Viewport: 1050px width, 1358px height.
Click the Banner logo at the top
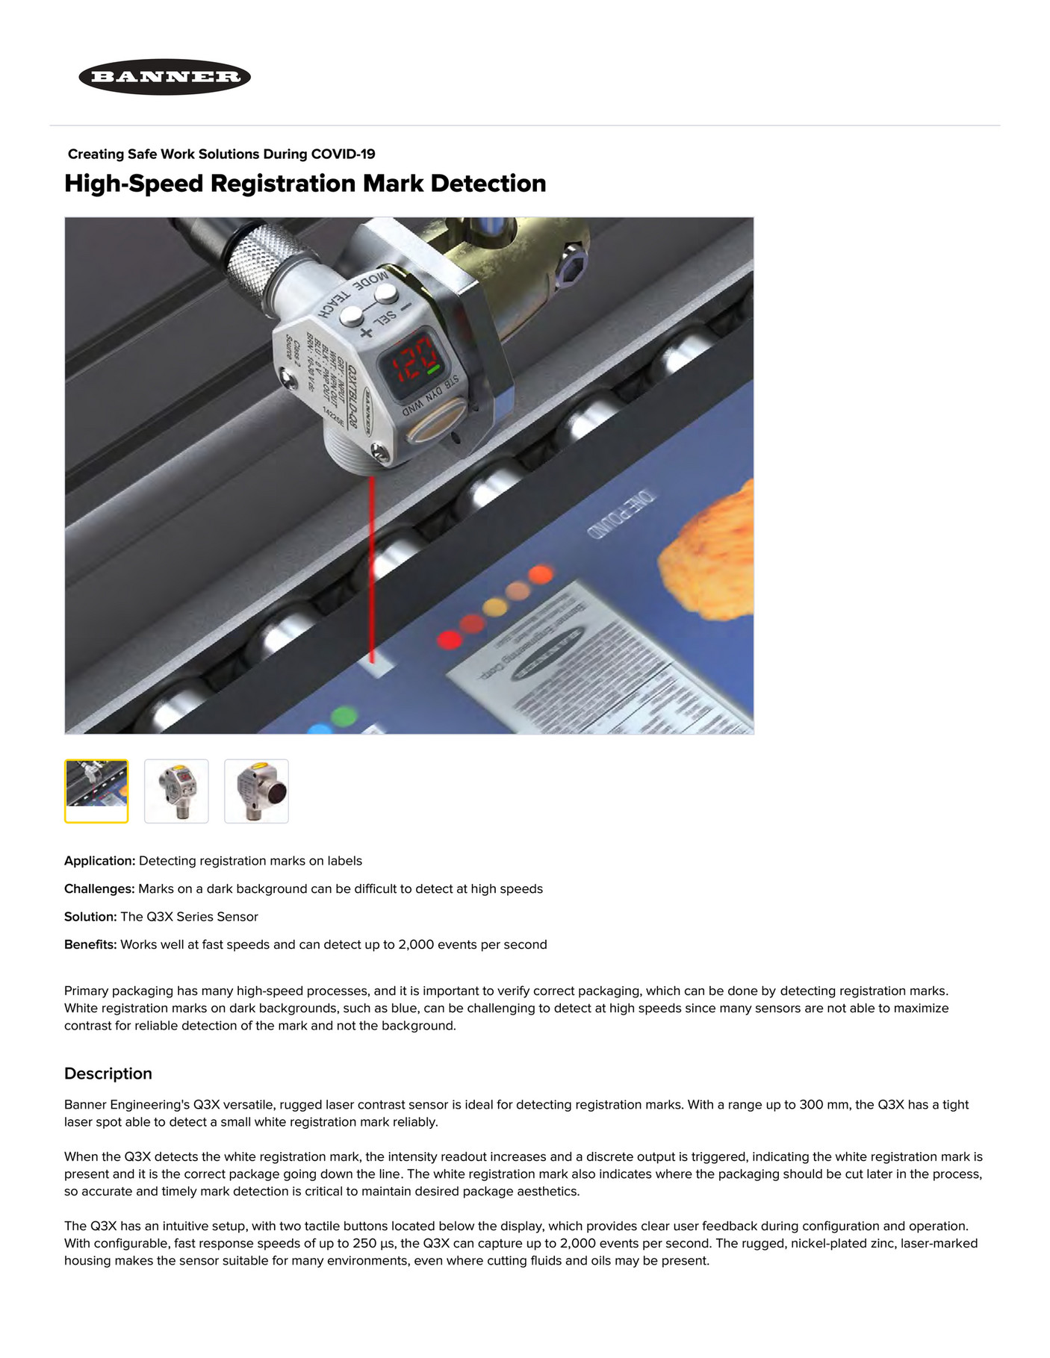pos(164,77)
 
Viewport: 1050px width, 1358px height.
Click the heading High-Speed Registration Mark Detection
pos(305,184)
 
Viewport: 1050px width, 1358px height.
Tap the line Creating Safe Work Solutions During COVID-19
pos(221,155)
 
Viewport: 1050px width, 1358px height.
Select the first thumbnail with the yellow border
pos(96,791)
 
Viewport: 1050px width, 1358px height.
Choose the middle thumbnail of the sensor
pos(176,791)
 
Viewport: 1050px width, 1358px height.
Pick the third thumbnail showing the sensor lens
pos(256,791)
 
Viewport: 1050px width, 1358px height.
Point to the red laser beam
pos(372,567)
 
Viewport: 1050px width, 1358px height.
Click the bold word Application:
pos(99,861)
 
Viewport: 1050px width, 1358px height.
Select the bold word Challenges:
pos(99,889)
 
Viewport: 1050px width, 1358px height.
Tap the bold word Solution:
pos(90,917)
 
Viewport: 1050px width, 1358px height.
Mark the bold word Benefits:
pos(90,944)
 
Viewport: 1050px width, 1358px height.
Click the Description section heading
pos(108,1074)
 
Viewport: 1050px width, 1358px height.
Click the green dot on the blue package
pos(344,716)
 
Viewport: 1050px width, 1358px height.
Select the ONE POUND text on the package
pos(621,514)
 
